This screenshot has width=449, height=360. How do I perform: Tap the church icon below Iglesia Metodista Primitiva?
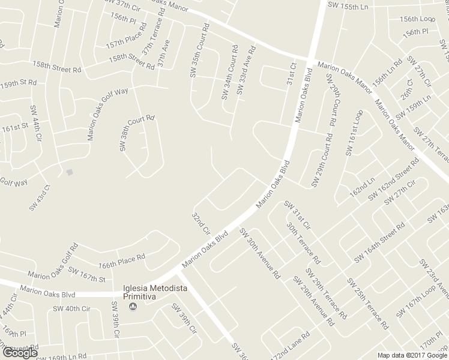click(133, 307)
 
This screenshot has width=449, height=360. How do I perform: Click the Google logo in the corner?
click(19, 353)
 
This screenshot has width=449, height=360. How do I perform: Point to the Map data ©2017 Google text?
click(412, 355)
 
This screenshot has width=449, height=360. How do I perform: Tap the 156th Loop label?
click(417, 19)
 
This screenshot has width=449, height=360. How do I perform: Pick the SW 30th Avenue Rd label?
click(259, 252)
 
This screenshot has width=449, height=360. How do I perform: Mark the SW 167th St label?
click(86, 275)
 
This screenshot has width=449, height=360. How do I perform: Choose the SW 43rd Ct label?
click(40, 196)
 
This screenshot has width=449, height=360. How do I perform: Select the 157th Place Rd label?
click(126, 37)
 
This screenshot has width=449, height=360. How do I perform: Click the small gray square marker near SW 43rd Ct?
click(70, 173)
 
